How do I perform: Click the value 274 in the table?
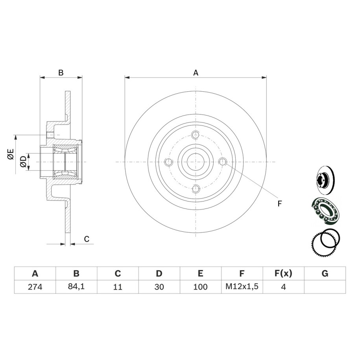pos(35,287)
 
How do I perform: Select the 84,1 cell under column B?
pos(76,286)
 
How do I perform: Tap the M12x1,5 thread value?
pos(242,286)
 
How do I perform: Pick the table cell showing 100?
pos(200,287)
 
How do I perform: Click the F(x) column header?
pos(283,273)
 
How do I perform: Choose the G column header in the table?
pos(325,273)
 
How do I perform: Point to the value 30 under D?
pos(159,287)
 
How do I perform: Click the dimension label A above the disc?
pos(196,73)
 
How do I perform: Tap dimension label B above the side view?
pos(61,73)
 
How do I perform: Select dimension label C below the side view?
pos(87,239)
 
